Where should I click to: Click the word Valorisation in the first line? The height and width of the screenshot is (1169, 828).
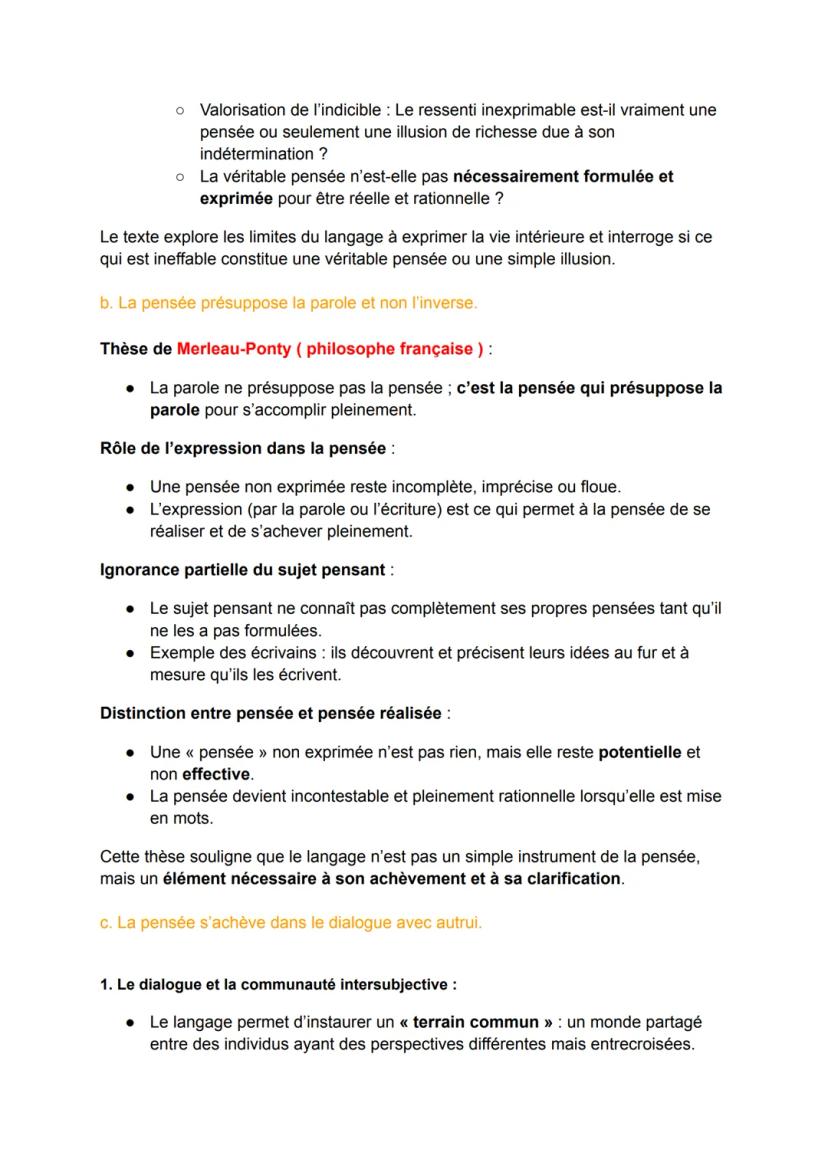click(x=243, y=110)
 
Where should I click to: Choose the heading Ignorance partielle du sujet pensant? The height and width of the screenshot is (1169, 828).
click(x=243, y=569)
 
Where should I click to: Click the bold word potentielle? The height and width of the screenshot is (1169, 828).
click(x=640, y=752)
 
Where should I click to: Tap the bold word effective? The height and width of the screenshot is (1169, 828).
click(x=216, y=774)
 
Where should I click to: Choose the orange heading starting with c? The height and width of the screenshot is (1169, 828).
click(x=291, y=923)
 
